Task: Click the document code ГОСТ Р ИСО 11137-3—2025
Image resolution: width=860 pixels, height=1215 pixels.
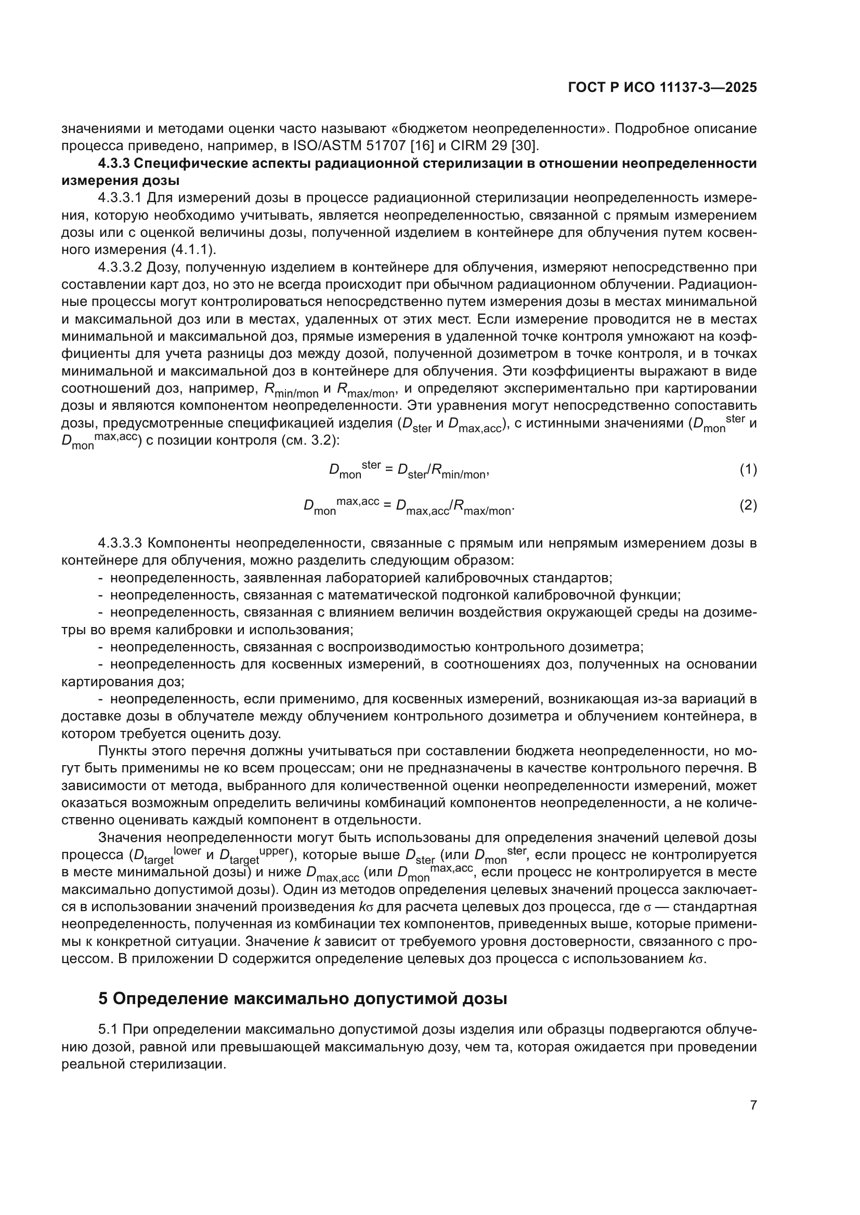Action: (x=662, y=88)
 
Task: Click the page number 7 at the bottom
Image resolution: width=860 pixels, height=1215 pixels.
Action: (x=753, y=1105)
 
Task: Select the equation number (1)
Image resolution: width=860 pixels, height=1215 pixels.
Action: (x=748, y=470)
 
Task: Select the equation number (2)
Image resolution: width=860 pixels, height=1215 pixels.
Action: (x=748, y=505)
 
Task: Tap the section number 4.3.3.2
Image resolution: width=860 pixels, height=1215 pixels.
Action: (x=120, y=267)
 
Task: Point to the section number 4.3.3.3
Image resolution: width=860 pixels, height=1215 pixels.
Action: (x=120, y=543)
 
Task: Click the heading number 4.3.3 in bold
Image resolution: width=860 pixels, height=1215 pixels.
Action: (x=113, y=164)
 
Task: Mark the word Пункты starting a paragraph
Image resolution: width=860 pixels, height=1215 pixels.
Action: (x=117, y=751)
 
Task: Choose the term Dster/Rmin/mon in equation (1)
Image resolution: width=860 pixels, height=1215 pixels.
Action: (x=441, y=471)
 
